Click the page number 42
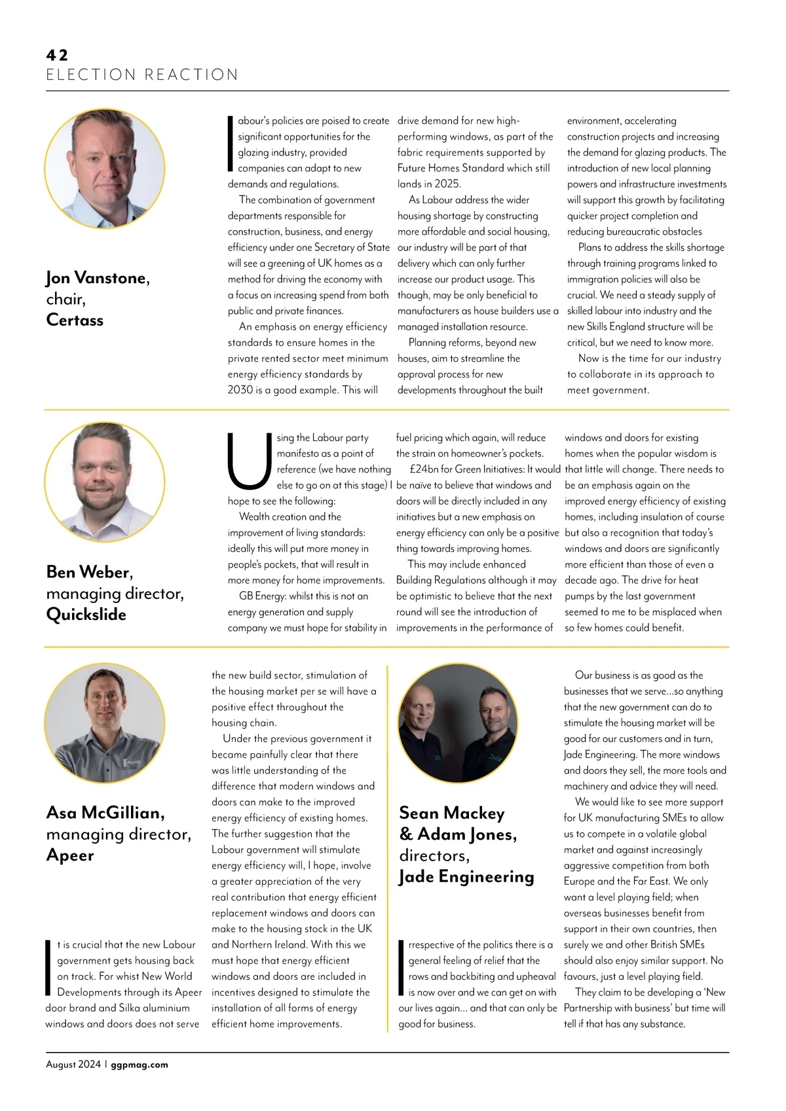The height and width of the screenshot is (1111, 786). (57, 55)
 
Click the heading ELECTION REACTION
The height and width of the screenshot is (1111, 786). (142, 75)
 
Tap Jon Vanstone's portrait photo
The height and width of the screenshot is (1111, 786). (105, 168)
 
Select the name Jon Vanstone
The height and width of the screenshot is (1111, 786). (98, 278)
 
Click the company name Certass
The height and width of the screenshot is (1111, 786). (75, 320)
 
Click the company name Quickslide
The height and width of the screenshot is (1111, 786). (86, 614)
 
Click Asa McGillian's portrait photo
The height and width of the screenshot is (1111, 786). (105, 723)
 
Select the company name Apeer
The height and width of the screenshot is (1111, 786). (70, 855)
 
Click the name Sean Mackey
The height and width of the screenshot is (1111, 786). (452, 813)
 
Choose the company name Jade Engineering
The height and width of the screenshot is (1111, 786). (466, 877)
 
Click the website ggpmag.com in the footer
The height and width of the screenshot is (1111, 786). (140, 1064)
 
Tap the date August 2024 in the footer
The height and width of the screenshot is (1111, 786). (73, 1064)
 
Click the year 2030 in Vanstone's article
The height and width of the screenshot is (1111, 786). (240, 390)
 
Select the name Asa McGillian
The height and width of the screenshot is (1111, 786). (105, 813)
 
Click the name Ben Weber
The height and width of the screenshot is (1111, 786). (90, 572)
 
